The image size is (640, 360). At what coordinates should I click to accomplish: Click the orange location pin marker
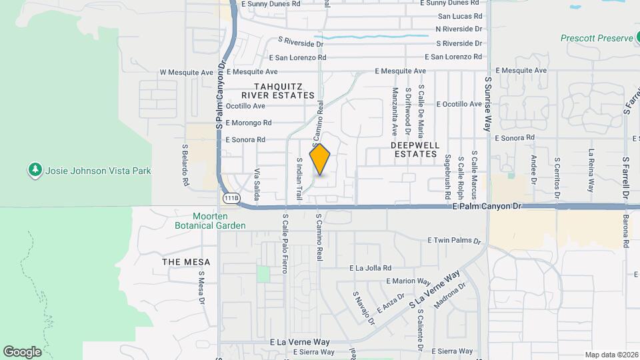click(320, 159)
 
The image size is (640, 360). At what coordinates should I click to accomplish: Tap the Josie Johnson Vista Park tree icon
click(35, 171)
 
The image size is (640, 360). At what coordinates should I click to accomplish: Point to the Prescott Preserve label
click(596, 39)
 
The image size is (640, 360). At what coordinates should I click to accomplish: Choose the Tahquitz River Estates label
click(283, 91)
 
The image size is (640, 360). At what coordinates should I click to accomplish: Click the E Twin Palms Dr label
click(453, 240)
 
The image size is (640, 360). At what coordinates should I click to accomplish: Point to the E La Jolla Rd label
click(374, 268)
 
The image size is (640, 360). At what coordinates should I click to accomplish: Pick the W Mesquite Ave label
click(186, 72)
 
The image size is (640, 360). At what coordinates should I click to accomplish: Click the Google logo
click(23, 351)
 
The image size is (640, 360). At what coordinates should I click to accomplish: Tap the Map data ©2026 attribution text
click(611, 354)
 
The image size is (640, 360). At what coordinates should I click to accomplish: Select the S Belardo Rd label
click(186, 164)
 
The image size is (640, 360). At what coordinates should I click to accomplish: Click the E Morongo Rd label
click(249, 123)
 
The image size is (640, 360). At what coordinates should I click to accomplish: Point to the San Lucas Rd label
click(460, 16)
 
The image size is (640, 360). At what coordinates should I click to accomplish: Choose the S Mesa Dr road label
click(201, 287)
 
